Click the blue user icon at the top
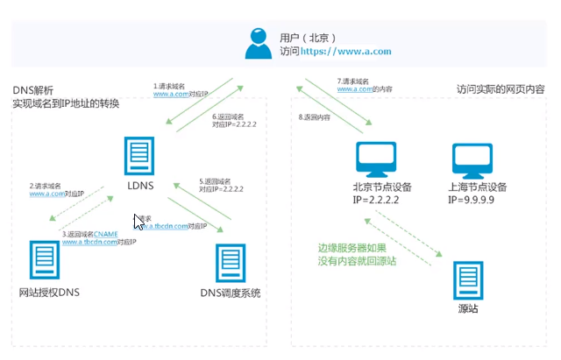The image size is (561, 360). tap(257, 44)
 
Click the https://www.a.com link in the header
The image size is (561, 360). tap(346, 52)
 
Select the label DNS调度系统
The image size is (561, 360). tap(231, 292)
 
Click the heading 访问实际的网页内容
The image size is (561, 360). tap(501, 89)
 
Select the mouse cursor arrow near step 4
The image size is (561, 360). tap(138, 222)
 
